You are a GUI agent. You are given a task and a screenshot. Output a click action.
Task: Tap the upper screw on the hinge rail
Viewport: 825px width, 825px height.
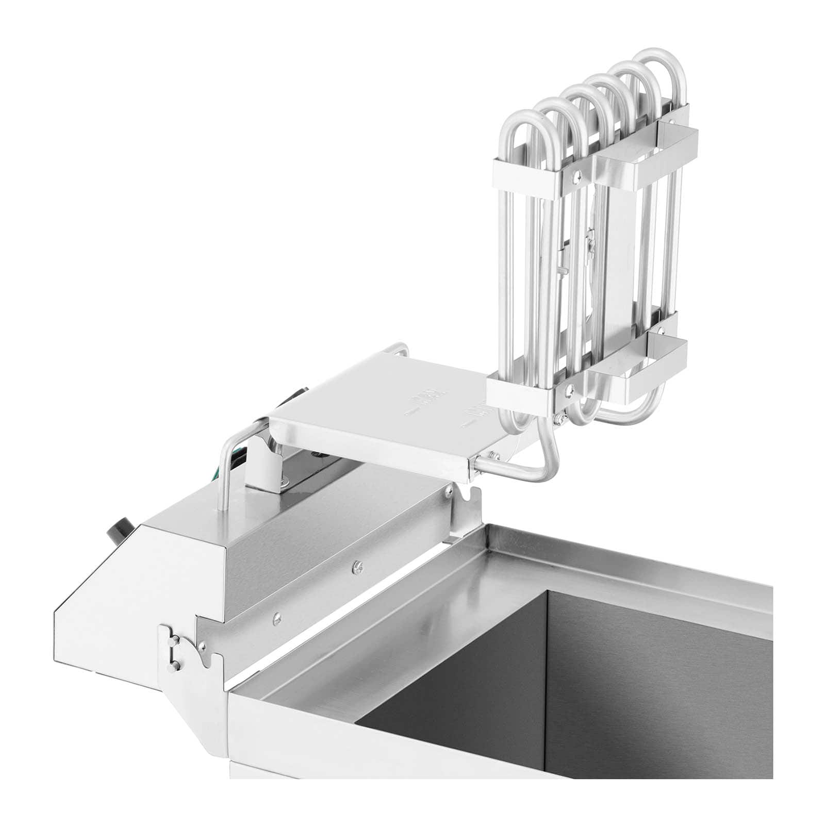point(355,568)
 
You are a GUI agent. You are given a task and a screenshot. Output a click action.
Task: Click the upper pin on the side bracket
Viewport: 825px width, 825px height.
point(174,640)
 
